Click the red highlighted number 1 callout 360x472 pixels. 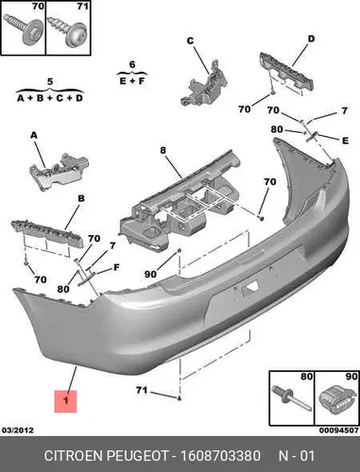pyautogui.click(x=65, y=401)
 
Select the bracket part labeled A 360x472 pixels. pyautogui.click(x=59, y=172)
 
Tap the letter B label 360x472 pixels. pyautogui.click(x=81, y=198)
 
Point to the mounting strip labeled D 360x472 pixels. pyautogui.click(x=286, y=72)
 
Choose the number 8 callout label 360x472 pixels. pyautogui.click(x=163, y=150)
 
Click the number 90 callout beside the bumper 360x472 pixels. pyautogui.click(x=150, y=274)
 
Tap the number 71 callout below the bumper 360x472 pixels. pyautogui.click(x=142, y=390)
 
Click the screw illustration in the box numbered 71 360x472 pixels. pyautogui.click(x=68, y=32)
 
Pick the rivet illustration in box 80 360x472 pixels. pyautogui.click(x=292, y=399)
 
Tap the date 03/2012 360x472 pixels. pyautogui.click(x=18, y=430)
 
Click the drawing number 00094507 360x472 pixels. pyautogui.click(x=339, y=430)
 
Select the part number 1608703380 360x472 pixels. pyautogui.click(x=220, y=456)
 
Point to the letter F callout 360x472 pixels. pyautogui.click(x=116, y=267)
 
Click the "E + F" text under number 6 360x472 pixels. pyautogui.click(x=132, y=81)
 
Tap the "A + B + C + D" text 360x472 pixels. pyautogui.click(x=50, y=98)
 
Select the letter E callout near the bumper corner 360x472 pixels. pyautogui.click(x=345, y=141)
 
